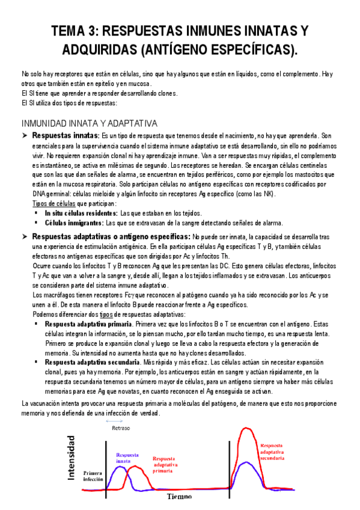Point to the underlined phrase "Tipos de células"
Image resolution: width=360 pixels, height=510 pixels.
point(52,204)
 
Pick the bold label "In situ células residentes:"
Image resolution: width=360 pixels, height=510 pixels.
point(81,214)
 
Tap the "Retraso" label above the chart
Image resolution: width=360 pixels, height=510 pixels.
point(121,428)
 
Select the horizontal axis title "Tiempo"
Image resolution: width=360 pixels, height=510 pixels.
point(180,497)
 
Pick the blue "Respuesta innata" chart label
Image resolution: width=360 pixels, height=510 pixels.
point(130,458)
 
